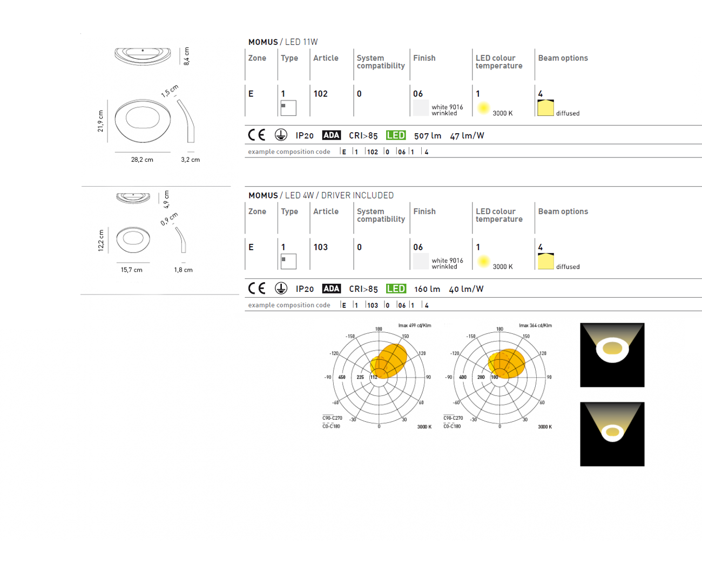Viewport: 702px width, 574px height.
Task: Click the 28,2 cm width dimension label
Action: coord(142,160)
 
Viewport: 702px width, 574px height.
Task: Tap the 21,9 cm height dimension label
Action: coord(100,121)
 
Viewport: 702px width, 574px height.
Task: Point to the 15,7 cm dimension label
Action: coord(131,270)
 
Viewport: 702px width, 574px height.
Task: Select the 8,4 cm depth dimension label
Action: coord(186,56)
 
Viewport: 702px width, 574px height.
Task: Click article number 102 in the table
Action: coord(321,94)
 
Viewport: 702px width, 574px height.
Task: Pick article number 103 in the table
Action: coord(321,247)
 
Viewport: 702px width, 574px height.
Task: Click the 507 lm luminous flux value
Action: coord(428,136)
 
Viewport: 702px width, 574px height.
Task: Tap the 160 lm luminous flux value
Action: coord(427,289)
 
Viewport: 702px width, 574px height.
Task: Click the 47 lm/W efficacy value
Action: coord(467,136)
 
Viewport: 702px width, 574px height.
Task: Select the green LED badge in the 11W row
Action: coord(396,135)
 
